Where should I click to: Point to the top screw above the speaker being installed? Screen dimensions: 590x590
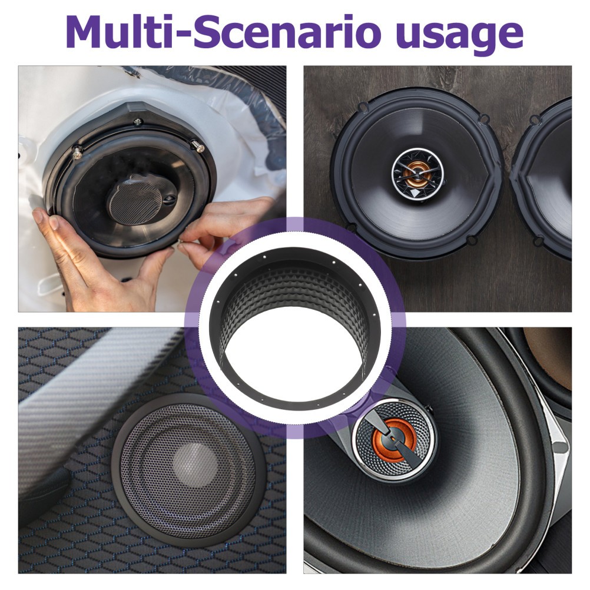[x=138, y=121]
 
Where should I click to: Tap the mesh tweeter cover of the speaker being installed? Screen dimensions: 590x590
[x=135, y=200]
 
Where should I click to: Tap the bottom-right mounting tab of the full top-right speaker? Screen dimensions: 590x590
[x=471, y=238]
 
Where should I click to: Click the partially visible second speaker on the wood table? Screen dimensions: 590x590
[x=542, y=177]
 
